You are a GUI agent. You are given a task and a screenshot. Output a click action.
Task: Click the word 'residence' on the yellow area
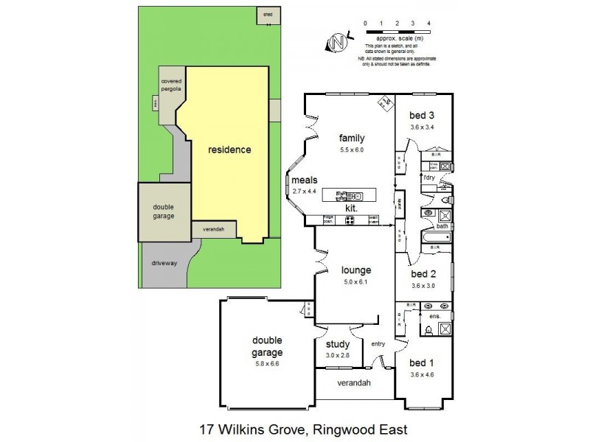tap(229, 150)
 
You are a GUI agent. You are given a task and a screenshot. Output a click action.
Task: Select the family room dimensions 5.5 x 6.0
tap(352, 150)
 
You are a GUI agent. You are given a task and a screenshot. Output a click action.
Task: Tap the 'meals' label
tap(304, 180)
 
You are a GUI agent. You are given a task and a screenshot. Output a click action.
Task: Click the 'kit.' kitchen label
tap(351, 209)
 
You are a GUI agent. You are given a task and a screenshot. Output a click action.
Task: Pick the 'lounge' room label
tap(352, 270)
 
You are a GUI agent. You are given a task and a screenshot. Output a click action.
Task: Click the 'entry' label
tap(378, 344)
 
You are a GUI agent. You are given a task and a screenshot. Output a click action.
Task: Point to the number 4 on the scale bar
tap(428, 24)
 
